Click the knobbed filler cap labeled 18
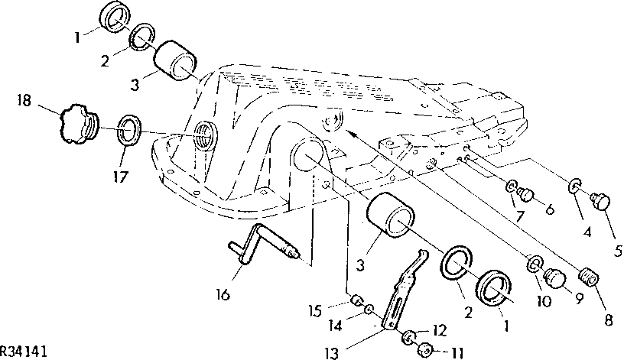[80, 123]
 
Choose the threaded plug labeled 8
[588, 277]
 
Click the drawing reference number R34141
[24, 352]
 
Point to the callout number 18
[24, 100]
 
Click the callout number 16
[223, 295]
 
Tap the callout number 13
[331, 353]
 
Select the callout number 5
[618, 251]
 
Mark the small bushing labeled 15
[356, 300]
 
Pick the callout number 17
[120, 177]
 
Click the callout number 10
[544, 301]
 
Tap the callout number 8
[609, 320]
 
